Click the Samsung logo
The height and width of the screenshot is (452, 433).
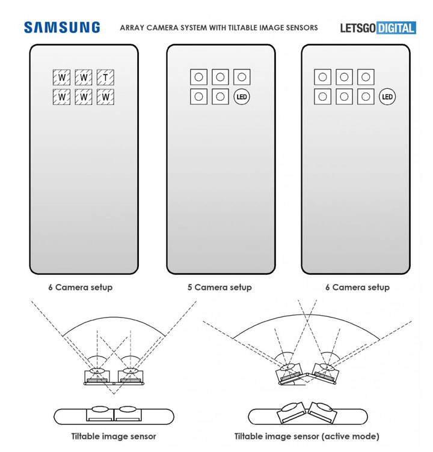point(62,28)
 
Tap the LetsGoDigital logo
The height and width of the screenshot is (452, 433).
point(378,28)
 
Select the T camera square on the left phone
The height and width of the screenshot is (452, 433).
point(106,77)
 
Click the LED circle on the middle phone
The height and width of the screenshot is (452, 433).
point(242,96)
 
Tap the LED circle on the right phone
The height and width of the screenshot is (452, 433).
point(387,96)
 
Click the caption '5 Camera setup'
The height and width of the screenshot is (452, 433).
point(219,288)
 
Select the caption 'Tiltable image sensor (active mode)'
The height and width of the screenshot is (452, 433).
point(307,436)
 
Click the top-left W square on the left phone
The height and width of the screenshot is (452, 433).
point(61,77)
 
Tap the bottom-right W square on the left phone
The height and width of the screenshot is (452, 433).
point(106,97)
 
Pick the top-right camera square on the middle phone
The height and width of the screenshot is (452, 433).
point(242,77)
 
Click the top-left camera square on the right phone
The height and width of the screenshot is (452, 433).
point(323,77)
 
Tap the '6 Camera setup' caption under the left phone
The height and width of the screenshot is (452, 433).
point(80,288)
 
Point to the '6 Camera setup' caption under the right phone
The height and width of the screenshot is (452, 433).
point(357,288)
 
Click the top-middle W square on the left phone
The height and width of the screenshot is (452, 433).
point(84,77)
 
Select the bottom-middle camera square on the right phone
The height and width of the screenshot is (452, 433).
point(344,96)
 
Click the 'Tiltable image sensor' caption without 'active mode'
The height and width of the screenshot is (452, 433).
point(114,436)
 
